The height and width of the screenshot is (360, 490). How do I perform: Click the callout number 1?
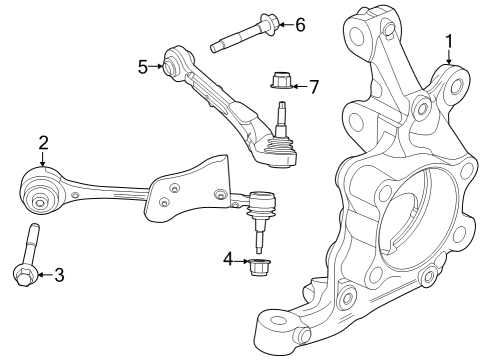449,41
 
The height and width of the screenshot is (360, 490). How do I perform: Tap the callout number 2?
43,142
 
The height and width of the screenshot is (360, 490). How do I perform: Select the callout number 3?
58,274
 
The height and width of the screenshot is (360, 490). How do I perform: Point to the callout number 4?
227,260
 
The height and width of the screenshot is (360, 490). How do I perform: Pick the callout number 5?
143,67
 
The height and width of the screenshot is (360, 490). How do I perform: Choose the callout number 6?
299,24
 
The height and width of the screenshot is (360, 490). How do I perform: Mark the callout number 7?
313,86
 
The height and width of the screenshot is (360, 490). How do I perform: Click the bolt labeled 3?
28,255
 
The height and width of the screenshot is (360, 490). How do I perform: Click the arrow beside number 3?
43,274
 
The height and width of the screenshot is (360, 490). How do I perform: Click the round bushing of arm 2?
42,192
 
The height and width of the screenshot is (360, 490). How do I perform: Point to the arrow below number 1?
449,59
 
